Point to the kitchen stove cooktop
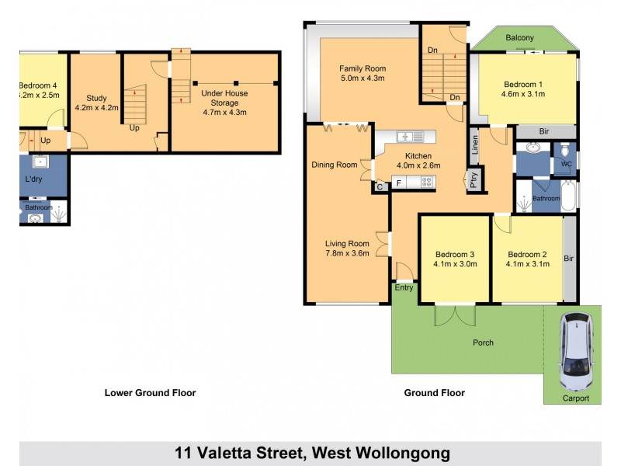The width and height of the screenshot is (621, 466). [425, 183]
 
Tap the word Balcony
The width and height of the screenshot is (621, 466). [519, 37]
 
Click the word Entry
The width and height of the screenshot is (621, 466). [404, 287]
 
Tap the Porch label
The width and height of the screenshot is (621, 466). [483, 343]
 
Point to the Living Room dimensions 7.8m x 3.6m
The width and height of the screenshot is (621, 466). [347, 253]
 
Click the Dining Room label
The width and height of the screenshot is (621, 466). [335, 165]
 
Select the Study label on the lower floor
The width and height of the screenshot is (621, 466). [96, 98]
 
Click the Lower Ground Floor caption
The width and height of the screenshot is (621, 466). [150, 393]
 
